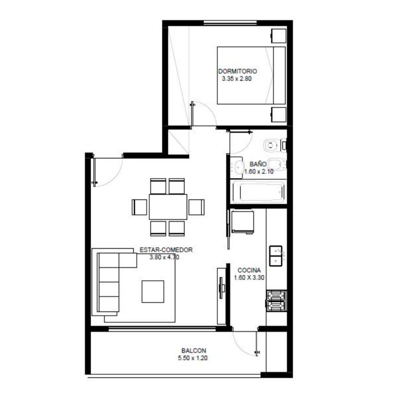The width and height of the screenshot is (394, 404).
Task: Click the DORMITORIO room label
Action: point(237,71)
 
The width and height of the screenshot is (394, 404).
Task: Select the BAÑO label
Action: point(258,164)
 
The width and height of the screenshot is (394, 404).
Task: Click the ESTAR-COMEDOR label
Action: point(166,250)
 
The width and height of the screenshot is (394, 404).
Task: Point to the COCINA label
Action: point(249,270)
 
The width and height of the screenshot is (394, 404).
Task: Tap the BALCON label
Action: point(194,351)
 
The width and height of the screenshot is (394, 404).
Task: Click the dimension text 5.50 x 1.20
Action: point(193,358)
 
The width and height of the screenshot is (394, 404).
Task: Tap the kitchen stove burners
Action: point(276,301)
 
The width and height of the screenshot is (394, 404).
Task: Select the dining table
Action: point(168,206)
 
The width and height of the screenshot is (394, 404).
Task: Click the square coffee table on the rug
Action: point(153,291)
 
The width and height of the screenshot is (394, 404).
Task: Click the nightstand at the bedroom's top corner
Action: point(279,37)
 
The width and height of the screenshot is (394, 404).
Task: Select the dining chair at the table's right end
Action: point(196,207)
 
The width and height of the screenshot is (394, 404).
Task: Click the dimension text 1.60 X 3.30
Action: point(249,278)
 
